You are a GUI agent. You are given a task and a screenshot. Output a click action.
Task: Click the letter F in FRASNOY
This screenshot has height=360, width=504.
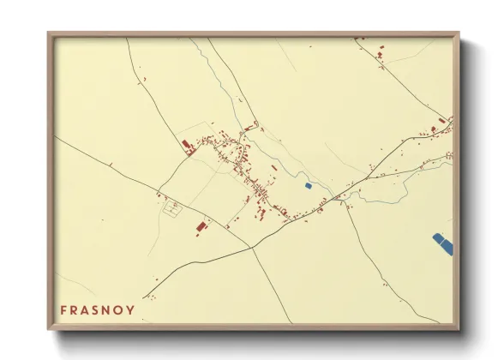point(63,310)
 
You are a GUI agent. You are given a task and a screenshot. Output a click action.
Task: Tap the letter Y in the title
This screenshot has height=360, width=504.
point(130,310)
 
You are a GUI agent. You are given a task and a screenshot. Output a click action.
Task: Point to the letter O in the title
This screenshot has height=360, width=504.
point(119,310)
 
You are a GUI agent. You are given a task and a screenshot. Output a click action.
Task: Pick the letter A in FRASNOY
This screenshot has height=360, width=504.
point(86,310)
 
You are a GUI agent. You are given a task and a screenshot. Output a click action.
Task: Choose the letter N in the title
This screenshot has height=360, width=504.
point(108,310)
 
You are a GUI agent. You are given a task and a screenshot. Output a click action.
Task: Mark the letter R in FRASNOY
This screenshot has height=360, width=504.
point(75,310)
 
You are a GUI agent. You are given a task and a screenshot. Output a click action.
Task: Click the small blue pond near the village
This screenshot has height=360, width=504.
point(309,185)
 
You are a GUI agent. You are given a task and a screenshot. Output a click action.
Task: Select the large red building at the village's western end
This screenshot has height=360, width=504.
point(187,147)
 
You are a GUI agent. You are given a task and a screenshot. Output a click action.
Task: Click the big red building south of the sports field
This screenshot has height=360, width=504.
point(201,226)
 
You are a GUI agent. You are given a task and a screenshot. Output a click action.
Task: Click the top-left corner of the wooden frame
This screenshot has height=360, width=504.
point(49,34)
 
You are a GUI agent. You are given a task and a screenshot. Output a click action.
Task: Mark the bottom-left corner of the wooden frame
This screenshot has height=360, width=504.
point(49,329)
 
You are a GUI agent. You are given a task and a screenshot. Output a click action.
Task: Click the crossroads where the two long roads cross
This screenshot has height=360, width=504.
point(251,247)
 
